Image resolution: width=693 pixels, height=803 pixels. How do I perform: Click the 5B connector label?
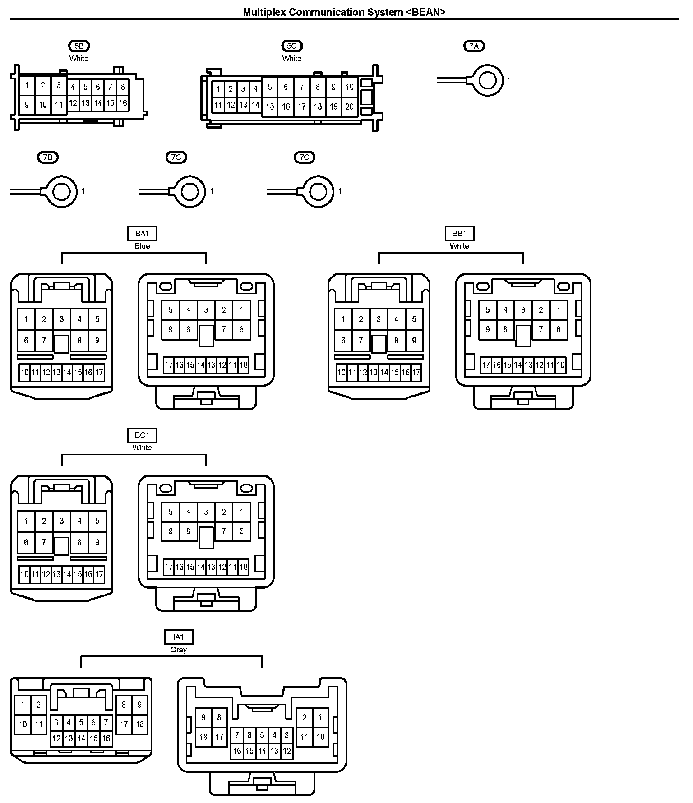click(79, 46)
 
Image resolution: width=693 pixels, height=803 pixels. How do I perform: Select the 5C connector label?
click(292, 46)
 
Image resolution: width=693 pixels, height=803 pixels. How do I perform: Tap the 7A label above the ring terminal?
click(474, 46)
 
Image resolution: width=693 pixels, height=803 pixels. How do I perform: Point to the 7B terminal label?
click(47, 157)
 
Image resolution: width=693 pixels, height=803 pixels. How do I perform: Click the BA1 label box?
click(142, 234)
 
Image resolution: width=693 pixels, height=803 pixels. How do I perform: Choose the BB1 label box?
click(459, 234)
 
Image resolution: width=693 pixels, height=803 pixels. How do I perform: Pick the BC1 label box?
click(142, 435)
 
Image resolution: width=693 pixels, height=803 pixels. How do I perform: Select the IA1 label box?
click(179, 637)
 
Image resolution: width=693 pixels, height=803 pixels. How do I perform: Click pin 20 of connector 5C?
click(350, 107)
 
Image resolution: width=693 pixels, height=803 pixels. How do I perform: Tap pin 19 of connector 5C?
click(333, 107)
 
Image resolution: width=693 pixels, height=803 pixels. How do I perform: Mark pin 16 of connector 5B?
click(123, 103)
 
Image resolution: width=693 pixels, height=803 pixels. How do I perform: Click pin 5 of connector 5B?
click(85, 88)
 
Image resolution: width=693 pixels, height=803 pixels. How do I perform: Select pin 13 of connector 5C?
click(243, 105)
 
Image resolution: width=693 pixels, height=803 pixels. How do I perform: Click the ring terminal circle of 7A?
click(488, 81)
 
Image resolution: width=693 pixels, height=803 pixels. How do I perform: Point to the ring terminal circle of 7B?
click(61, 192)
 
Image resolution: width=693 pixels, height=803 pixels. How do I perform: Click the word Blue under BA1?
click(142, 246)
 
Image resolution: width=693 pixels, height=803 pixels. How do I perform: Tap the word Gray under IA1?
click(179, 650)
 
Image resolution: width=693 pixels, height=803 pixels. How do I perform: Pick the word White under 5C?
click(292, 59)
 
